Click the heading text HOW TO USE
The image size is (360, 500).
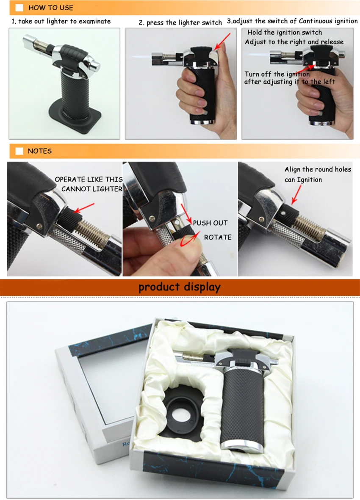pyautogui.click(x=51, y=8)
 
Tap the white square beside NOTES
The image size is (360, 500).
pyautogui.click(x=19, y=151)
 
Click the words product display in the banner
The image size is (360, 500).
pyautogui.click(x=180, y=287)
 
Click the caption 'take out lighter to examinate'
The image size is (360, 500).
pyautogui.click(x=64, y=21)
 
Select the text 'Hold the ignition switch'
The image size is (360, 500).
pyautogui.click(x=285, y=33)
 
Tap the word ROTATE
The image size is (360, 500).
pyautogui.click(x=218, y=237)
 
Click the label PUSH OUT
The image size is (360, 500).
pyautogui.click(x=210, y=223)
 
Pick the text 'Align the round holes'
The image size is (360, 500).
pyautogui.click(x=318, y=169)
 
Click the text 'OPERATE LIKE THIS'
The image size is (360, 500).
pyautogui.click(x=89, y=179)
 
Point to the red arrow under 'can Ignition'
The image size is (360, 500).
pyautogui.click(x=296, y=194)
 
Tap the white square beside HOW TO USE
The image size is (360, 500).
pyautogui.click(x=19, y=8)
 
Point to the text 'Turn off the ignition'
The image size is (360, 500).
pyautogui.click(x=277, y=74)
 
